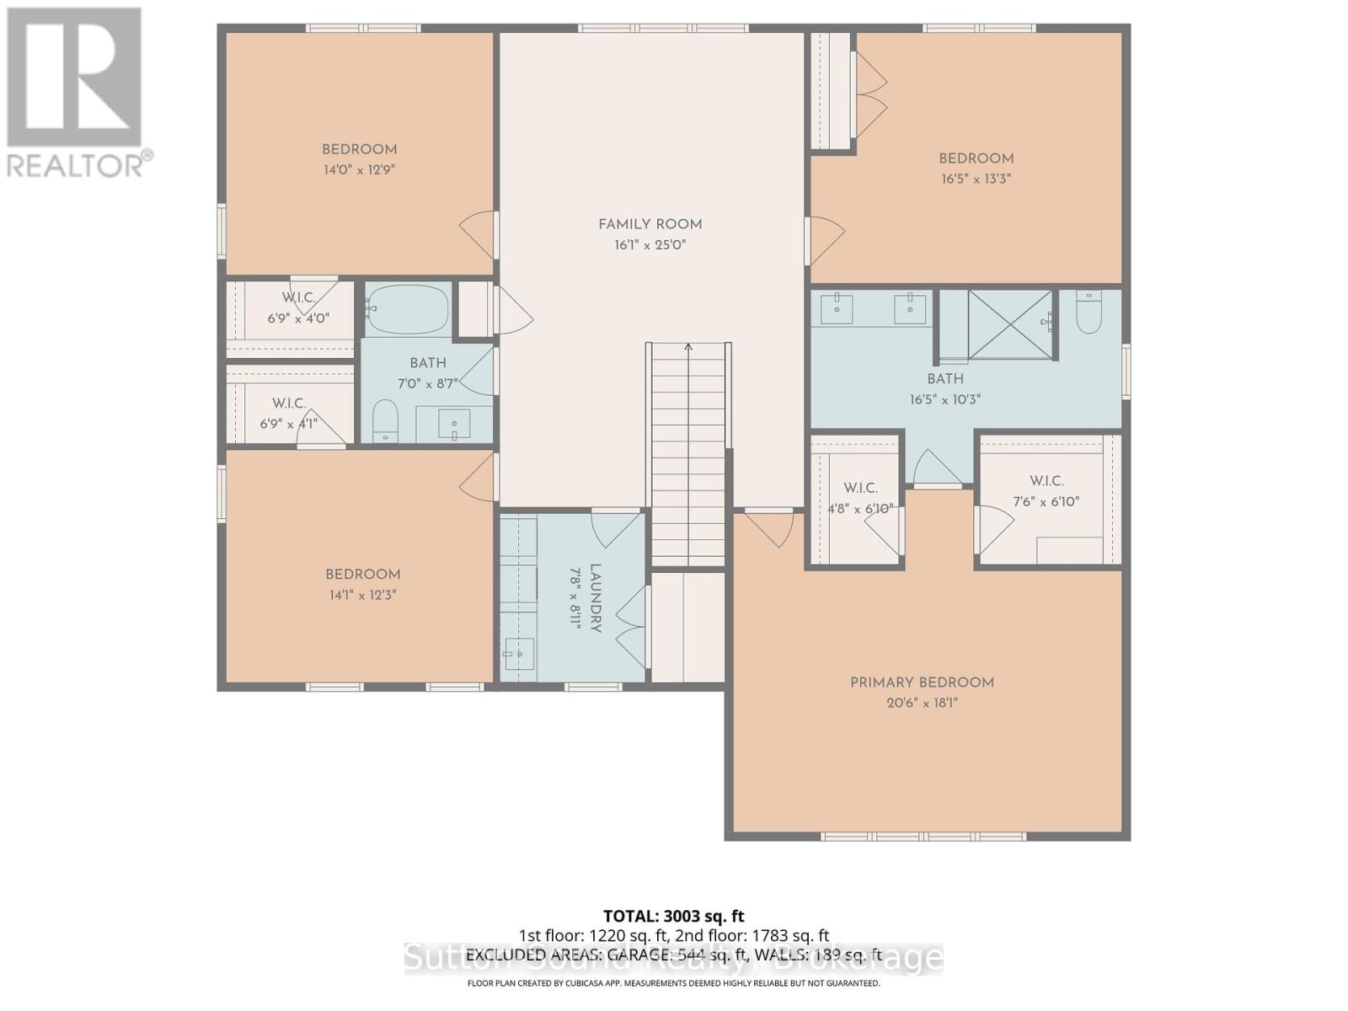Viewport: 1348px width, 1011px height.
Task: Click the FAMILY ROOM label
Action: (650, 224)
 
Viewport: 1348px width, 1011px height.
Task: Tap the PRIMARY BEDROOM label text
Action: (922, 682)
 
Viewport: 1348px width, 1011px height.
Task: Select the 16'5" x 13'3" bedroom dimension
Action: (976, 179)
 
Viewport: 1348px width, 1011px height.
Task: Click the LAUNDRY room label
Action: (595, 598)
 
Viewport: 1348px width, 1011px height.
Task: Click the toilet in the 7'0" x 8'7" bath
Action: (385, 419)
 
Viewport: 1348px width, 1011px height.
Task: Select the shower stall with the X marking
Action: (1009, 324)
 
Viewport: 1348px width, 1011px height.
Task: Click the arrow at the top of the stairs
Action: (688, 347)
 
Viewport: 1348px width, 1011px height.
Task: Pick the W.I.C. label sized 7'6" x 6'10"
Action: (1046, 481)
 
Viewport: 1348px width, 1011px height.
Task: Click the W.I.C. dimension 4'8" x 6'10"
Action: (860, 509)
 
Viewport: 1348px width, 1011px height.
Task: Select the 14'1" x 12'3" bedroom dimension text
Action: (362, 595)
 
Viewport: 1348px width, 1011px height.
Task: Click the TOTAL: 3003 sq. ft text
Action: (673, 916)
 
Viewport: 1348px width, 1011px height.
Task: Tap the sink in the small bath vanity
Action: (455, 425)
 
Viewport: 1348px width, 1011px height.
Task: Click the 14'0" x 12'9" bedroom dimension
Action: (359, 169)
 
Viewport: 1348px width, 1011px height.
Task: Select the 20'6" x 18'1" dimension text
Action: (922, 703)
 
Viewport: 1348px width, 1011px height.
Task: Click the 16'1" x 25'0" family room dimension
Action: (650, 245)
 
